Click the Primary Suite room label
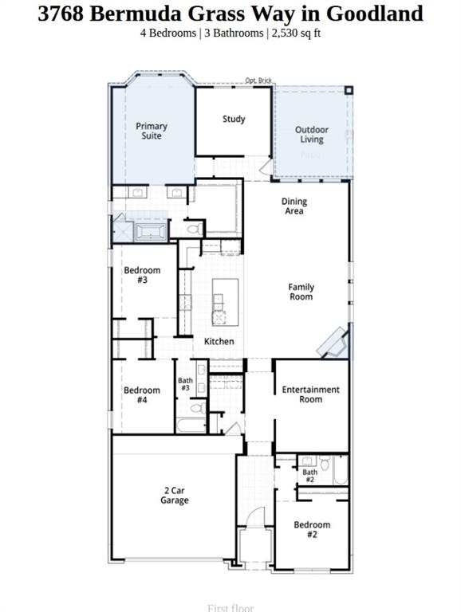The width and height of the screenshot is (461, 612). [x=152, y=131]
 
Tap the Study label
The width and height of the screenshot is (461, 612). [x=234, y=120]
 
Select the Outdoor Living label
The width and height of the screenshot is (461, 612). [x=311, y=135]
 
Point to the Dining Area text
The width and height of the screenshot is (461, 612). [x=294, y=206]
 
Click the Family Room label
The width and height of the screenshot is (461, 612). [x=301, y=292]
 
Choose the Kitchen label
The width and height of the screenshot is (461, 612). [x=219, y=341]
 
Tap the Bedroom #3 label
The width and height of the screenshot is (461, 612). [x=142, y=276]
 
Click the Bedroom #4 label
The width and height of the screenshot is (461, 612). [x=142, y=395]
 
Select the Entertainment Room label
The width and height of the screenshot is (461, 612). [x=311, y=394]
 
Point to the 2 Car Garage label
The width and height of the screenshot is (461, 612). [x=175, y=496]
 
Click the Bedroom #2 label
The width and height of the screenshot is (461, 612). [x=311, y=529]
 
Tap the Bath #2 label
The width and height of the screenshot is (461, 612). [x=310, y=477]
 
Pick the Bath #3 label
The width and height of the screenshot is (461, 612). [x=185, y=384]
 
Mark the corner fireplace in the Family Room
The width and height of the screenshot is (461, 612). [x=334, y=343]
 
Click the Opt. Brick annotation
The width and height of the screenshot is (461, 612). [x=259, y=80]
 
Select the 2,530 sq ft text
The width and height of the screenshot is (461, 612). [x=297, y=33]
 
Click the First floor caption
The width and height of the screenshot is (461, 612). [x=230, y=608]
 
